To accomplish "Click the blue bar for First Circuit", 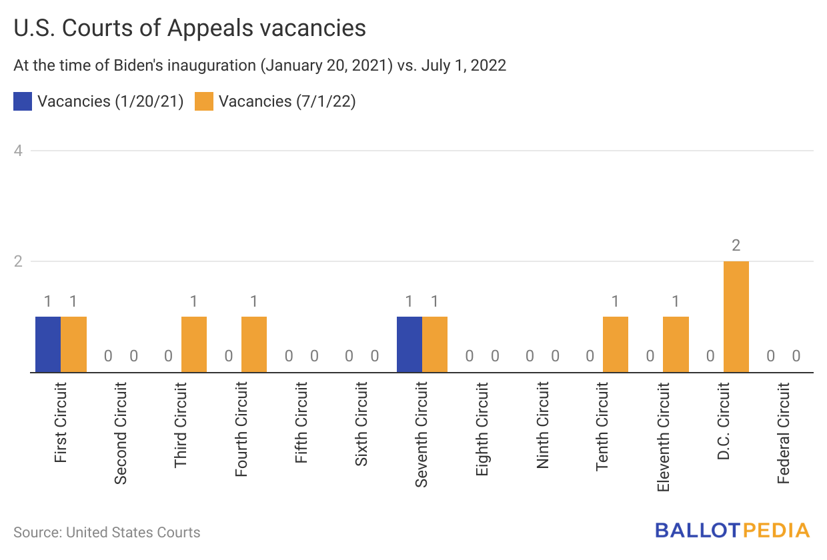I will point(48,344).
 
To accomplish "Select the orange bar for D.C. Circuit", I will point(736,317).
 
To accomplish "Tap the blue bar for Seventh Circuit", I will point(409,344).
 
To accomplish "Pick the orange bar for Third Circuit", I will point(194,344).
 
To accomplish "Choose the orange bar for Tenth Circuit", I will point(616,344).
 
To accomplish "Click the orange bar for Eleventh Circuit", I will point(676,344).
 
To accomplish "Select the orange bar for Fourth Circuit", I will point(254,344).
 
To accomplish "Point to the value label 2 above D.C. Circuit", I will point(736,245).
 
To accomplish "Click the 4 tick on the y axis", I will point(19,151).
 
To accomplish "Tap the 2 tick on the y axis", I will point(19,261).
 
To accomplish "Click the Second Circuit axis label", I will point(121,433).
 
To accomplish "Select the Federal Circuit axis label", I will point(784,433).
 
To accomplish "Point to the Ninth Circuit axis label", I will point(543,425).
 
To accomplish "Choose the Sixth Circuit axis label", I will point(361,424).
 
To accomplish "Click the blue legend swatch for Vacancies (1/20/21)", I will point(23,101).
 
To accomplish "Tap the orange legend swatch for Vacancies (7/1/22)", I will point(204,101).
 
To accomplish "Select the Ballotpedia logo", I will point(732,531).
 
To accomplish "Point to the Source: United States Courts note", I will point(107,532).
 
